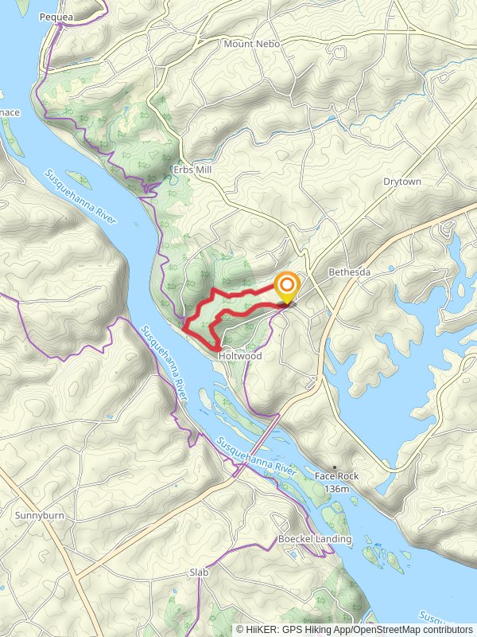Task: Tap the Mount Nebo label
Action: point(251,44)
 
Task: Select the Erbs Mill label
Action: point(192,170)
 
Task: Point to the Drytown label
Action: point(401,182)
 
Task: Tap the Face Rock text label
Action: point(336,476)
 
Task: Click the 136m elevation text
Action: point(336,487)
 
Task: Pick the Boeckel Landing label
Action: point(314,539)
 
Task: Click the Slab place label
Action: point(198,573)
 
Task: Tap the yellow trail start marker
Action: point(286,287)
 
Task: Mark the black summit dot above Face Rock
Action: point(335,467)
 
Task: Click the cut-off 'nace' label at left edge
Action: point(10,113)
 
